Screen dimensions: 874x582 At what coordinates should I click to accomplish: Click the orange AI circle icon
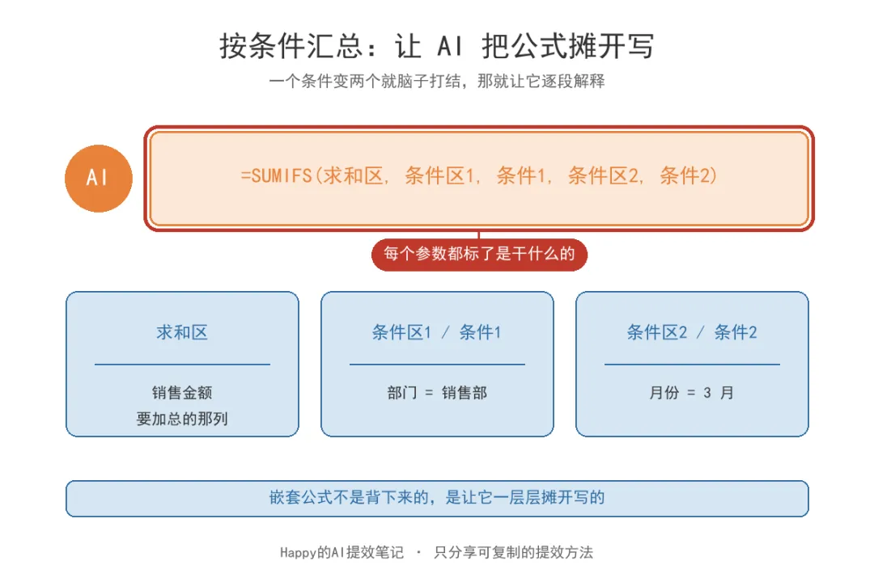99,178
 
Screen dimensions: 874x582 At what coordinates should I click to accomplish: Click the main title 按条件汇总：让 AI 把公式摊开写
436,45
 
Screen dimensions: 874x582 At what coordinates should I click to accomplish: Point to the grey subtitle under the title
436,82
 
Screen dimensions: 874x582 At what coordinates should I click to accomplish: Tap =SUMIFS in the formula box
276,176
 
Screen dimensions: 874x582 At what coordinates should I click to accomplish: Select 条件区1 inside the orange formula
439,176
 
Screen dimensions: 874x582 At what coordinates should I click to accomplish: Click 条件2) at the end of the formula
689,176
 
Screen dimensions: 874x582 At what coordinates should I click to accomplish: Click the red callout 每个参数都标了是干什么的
479,255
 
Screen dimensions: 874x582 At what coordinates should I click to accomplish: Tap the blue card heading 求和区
182,332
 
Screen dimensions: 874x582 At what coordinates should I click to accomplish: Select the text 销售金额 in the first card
182,393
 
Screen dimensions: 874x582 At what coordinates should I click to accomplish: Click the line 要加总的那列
182,419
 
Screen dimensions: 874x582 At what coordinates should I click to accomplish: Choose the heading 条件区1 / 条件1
437,332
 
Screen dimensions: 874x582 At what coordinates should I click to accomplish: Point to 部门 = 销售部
437,393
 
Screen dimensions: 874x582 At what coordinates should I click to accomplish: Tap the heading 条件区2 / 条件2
692,332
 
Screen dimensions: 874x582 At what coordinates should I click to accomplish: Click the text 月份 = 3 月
692,393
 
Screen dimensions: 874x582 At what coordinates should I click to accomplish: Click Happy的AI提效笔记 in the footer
342,552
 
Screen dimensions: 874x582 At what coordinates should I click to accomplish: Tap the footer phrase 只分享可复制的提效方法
513,552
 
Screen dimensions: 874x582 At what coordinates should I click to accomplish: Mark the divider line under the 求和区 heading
182,365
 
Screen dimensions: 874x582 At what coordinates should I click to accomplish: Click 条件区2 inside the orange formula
603,176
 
